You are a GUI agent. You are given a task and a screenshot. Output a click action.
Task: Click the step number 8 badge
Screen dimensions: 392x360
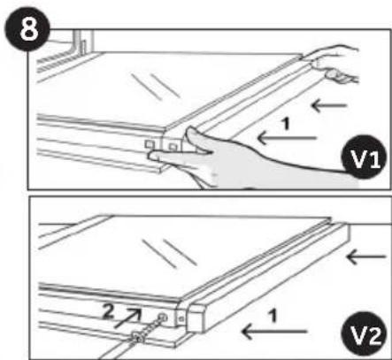(x=27, y=28)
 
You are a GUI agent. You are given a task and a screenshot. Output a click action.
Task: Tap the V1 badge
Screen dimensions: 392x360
(x=364, y=157)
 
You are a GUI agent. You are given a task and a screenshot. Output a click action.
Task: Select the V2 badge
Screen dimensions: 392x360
(x=364, y=333)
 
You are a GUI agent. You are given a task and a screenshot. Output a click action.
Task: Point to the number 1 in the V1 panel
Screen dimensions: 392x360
(x=285, y=124)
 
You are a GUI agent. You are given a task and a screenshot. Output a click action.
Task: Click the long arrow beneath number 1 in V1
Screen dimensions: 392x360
(x=287, y=138)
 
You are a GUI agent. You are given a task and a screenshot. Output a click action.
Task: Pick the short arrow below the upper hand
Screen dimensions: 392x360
(x=329, y=105)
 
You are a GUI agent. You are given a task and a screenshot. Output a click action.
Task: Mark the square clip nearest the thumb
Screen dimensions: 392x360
(x=173, y=145)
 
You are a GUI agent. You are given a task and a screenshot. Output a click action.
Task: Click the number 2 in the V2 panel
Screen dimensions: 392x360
(x=108, y=312)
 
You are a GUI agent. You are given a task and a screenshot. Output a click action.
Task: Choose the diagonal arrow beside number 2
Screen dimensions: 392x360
(x=127, y=318)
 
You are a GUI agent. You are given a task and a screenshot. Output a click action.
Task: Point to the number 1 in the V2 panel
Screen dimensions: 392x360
(x=273, y=316)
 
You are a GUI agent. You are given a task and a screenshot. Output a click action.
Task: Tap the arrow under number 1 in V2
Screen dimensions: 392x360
(x=274, y=331)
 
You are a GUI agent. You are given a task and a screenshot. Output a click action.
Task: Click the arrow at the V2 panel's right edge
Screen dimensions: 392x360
(x=366, y=257)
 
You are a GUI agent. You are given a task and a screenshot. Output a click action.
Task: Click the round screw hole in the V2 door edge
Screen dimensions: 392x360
(x=163, y=318)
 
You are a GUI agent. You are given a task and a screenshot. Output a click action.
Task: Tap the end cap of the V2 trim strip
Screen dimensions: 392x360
(x=196, y=318)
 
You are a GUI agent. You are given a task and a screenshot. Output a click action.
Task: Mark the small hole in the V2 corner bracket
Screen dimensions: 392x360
(x=181, y=318)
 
